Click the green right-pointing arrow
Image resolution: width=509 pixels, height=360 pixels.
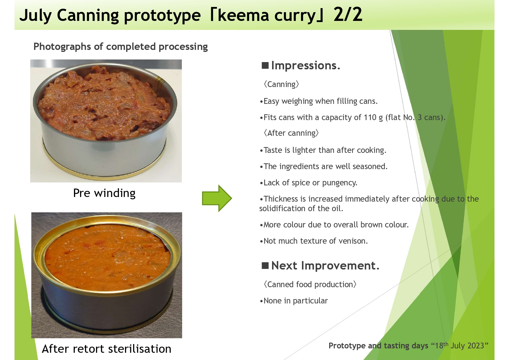click(x=217, y=198)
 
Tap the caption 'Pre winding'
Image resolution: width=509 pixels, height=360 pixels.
click(x=104, y=193)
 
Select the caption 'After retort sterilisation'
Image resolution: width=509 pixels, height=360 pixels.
click(x=106, y=349)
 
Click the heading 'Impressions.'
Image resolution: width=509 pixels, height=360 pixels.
click(x=305, y=66)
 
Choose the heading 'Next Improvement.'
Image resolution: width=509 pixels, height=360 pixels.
click(x=325, y=266)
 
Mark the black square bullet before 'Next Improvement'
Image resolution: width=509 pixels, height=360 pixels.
click(x=265, y=265)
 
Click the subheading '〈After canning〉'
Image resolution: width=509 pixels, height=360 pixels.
click(x=291, y=133)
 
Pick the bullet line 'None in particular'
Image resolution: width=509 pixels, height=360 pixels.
click(x=294, y=301)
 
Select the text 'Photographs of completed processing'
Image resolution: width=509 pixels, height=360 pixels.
click(x=121, y=47)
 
